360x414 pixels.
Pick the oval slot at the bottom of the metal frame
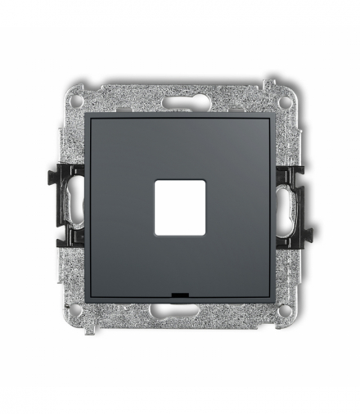tap(180, 314)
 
